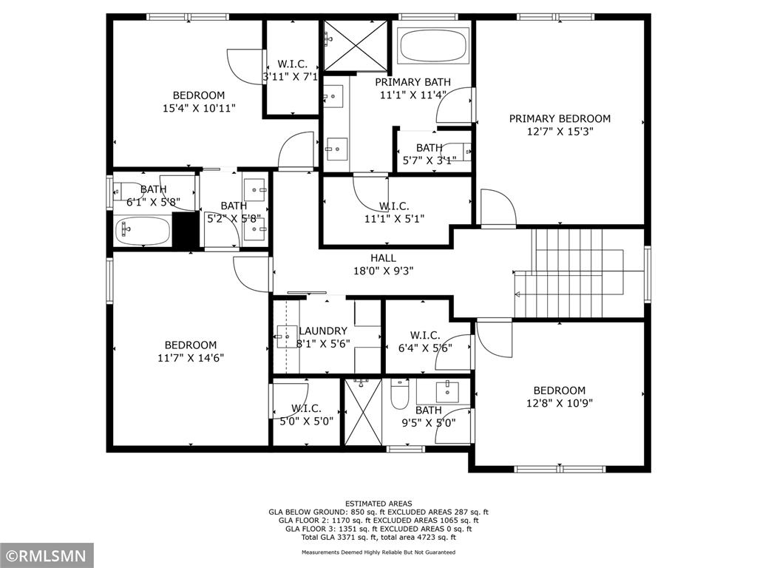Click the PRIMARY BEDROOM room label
click(x=560, y=118)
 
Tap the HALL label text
click(x=384, y=258)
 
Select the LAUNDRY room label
click(x=323, y=331)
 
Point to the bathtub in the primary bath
click(x=433, y=46)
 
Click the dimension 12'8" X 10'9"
click(x=559, y=403)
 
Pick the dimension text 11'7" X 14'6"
click(x=191, y=358)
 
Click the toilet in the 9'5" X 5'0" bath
click(x=400, y=393)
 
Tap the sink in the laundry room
click(x=287, y=337)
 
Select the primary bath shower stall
click(x=355, y=45)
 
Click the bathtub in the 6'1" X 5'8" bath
click(x=143, y=231)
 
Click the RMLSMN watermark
click(x=47, y=555)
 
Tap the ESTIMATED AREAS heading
click(x=378, y=503)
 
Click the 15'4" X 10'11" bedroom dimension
click(x=199, y=108)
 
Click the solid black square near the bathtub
click(x=186, y=230)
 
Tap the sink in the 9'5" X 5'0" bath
click(x=447, y=392)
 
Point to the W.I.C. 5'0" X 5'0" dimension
click(x=307, y=421)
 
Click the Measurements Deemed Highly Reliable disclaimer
click(x=378, y=552)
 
